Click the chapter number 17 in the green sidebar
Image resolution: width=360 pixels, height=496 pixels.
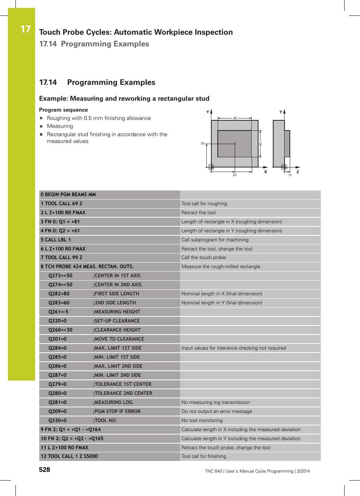coord(25,29)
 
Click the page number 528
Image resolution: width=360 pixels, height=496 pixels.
coord(45,470)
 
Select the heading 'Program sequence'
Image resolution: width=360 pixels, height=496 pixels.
coord(63,110)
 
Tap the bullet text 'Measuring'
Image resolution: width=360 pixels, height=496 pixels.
coord(60,126)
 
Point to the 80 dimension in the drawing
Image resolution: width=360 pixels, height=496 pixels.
coord(235,118)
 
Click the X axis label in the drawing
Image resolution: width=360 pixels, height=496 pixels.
coord(266,172)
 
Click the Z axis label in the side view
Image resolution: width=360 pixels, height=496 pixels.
coord(298,172)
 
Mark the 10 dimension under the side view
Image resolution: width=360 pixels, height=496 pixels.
coord(290,175)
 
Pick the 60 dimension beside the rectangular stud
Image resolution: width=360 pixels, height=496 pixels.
coord(260,144)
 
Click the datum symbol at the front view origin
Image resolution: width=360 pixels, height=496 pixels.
coord(211,167)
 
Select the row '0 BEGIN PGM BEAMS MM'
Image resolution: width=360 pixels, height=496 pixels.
coord(68,195)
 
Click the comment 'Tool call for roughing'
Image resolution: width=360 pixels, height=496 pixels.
coord(204,204)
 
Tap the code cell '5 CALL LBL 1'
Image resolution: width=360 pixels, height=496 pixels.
coord(56,240)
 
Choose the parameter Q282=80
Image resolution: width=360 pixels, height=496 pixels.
coord(59,294)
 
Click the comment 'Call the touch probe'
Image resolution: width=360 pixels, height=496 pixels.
coord(203,258)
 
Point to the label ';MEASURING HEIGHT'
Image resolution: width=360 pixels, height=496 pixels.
coord(117,312)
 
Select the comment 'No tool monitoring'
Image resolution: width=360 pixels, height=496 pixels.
coord(202,421)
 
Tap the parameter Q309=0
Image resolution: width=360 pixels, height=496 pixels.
coord(57,412)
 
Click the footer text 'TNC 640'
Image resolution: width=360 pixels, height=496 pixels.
coord(213,471)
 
